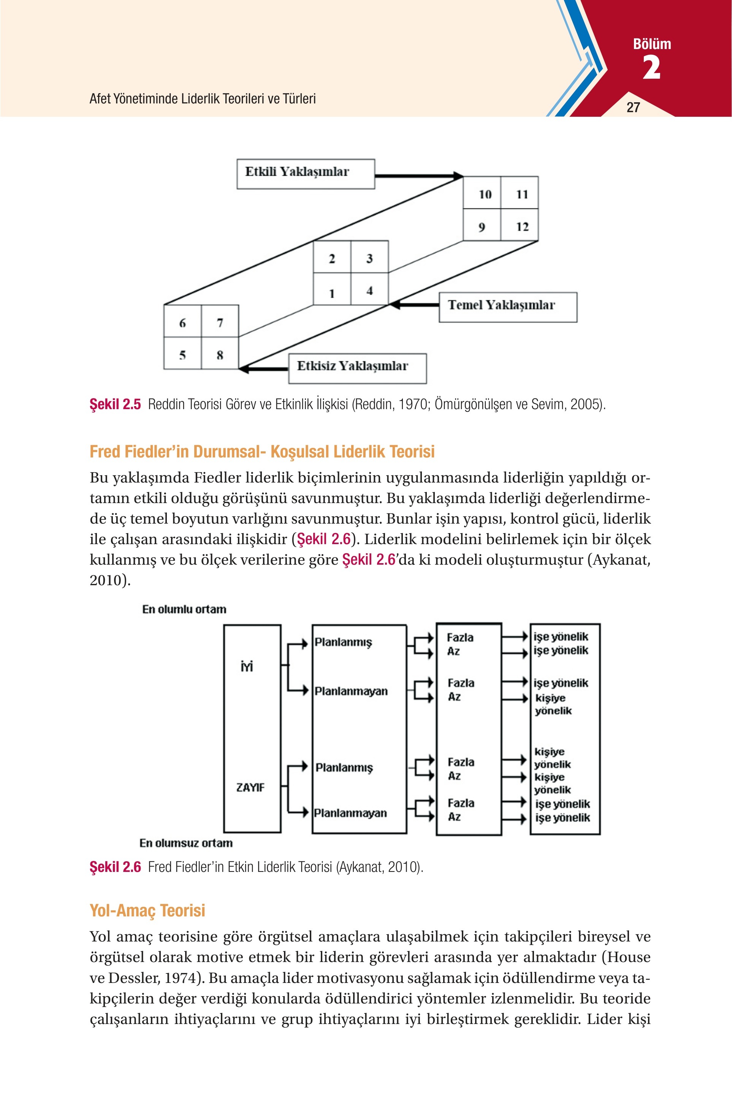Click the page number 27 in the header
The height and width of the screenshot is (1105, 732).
click(633, 107)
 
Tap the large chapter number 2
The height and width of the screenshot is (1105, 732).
click(652, 67)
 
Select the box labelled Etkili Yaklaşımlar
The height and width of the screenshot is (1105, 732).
click(306, 174)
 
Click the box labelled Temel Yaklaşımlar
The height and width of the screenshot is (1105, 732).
click(508, 307)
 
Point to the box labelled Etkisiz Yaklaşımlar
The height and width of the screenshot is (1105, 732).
click(358, 368)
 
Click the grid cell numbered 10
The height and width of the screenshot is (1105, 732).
click(482, 192)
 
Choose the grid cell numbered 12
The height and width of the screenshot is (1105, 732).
click(520, 225)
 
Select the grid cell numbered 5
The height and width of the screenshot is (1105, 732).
click(182, 353)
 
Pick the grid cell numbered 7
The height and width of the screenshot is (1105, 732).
click(220, 321)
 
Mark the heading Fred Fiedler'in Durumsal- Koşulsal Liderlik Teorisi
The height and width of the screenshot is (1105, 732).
click(262, 452)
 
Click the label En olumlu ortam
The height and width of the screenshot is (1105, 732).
click(184, 609)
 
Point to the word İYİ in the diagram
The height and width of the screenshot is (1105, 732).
click(247, 665)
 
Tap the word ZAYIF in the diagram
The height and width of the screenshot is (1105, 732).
click(250, 787)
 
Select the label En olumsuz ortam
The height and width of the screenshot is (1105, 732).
click(186, 843)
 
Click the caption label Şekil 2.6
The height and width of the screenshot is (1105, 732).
click(115, 867)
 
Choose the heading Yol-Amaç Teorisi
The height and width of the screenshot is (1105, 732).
click(147, 911)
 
